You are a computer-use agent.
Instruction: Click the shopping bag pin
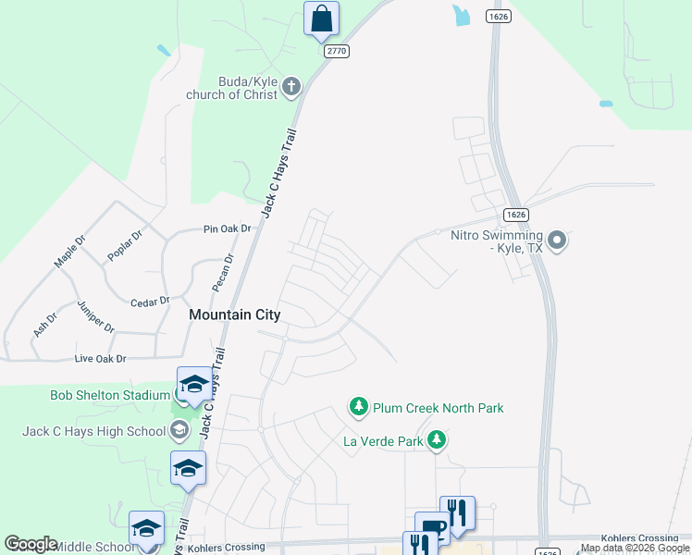tap(321, 19)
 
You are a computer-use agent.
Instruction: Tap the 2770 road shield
tap(337, 51)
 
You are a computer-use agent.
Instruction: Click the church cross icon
tap(291, 88)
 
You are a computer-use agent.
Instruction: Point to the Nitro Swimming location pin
tap(557, 241)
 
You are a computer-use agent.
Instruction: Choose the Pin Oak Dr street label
tap(228, 228)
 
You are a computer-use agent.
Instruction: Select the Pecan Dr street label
tap(223, 272)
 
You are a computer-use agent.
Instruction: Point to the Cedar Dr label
tap(151, 302)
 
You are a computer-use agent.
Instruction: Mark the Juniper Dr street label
tap(96, 315)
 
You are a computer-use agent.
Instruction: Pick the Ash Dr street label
tap(44, 323)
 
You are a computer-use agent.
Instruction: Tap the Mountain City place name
tap(234, 314)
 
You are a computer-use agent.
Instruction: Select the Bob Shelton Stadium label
tap(109, 396)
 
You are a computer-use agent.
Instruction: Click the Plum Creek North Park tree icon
tap(357, 406)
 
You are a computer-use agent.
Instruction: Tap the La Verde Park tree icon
tap(438, 440)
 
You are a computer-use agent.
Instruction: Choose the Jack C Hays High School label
tap(93, 431)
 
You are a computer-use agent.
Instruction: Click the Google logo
tap(31, 544)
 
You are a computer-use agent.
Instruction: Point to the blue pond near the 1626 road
tap(461, 14)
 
